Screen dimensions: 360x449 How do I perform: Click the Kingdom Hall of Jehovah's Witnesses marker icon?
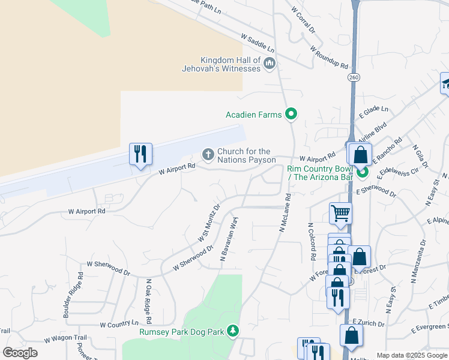pos(270,63)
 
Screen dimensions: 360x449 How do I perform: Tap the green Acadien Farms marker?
pos(292,113)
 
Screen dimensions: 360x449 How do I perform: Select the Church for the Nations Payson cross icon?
pos(208,155)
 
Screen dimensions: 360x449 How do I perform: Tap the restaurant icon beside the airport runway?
pos(140,154)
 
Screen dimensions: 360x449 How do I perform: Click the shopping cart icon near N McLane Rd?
pos(340,212)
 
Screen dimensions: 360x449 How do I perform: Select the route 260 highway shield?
pos(353,77)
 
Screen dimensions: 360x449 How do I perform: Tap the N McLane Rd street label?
pos(285,212)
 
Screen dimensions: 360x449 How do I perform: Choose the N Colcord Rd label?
pos(311,241)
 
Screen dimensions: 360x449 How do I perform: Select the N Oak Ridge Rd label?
pos(146,298)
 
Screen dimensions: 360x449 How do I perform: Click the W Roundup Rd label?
pos(330,56)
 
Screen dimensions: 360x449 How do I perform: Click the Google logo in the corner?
pos(20,353)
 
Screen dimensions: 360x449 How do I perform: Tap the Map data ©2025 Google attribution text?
pos(412,355)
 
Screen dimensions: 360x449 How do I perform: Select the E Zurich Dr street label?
pos(369,323)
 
